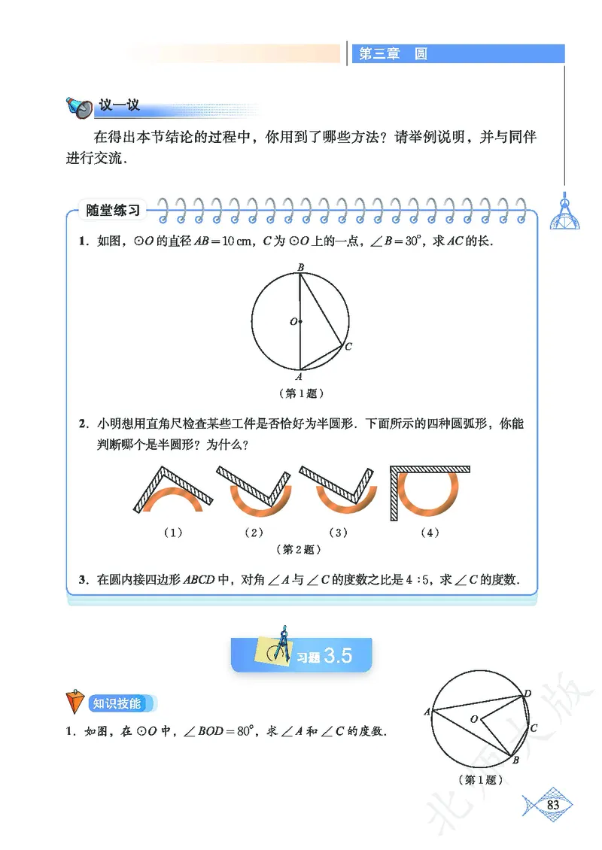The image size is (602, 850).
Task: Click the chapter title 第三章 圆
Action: [x=393, y=54]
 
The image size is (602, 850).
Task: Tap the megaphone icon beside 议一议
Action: [x=78, y=107]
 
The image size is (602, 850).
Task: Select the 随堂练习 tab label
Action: [x=114, y=211]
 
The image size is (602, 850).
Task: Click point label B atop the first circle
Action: [x=300, y=267]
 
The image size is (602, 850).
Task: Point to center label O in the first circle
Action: [x=293, y=322]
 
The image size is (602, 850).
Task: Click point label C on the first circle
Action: [x=348, y=348]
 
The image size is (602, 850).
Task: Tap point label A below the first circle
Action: [x=299, y=377]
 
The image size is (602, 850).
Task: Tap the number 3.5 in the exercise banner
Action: [x=338, y=656]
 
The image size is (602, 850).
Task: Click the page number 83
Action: [x=553, y=805]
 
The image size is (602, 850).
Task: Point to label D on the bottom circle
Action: [x=528, y=694]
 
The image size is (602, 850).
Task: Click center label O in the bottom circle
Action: [x=474, y=720]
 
